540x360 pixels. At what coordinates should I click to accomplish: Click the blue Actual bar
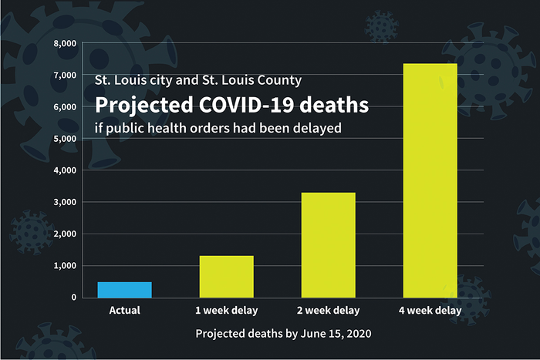click(124, 290)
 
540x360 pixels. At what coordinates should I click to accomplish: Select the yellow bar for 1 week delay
click(226, 276)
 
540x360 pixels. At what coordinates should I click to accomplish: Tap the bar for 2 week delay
click(328, 244)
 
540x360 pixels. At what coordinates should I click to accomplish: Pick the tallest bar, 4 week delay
click(430, 180)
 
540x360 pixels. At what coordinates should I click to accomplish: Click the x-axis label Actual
click(124, 311)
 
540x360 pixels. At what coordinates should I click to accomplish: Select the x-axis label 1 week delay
click(226, 311)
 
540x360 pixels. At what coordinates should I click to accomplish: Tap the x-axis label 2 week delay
click(328, 311)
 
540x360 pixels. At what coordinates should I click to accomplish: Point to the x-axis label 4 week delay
click(430, 311)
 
